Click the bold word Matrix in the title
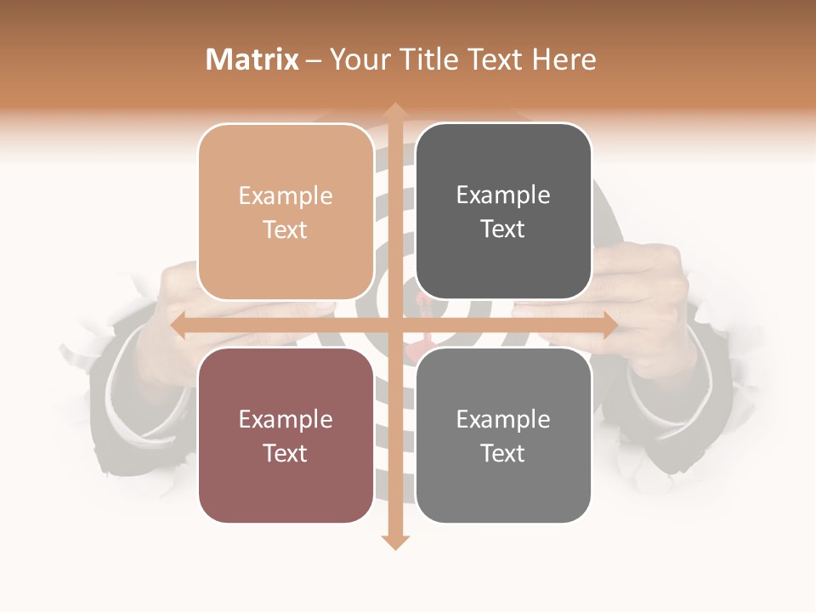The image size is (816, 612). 252,59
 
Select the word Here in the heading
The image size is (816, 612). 564,59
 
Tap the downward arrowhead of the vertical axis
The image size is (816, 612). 394,541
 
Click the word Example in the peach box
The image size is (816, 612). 286,196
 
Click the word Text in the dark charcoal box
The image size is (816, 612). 503,229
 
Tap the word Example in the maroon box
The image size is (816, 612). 286,420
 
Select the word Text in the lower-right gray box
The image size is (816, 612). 503,454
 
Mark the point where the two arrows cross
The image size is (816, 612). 394,326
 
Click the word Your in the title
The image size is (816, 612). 357,59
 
